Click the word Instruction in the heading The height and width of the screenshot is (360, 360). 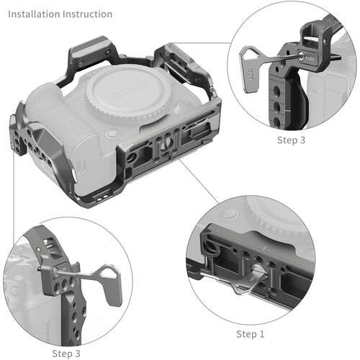click(x=89, y=14)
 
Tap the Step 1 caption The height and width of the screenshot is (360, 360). click(x=251, y=334)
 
